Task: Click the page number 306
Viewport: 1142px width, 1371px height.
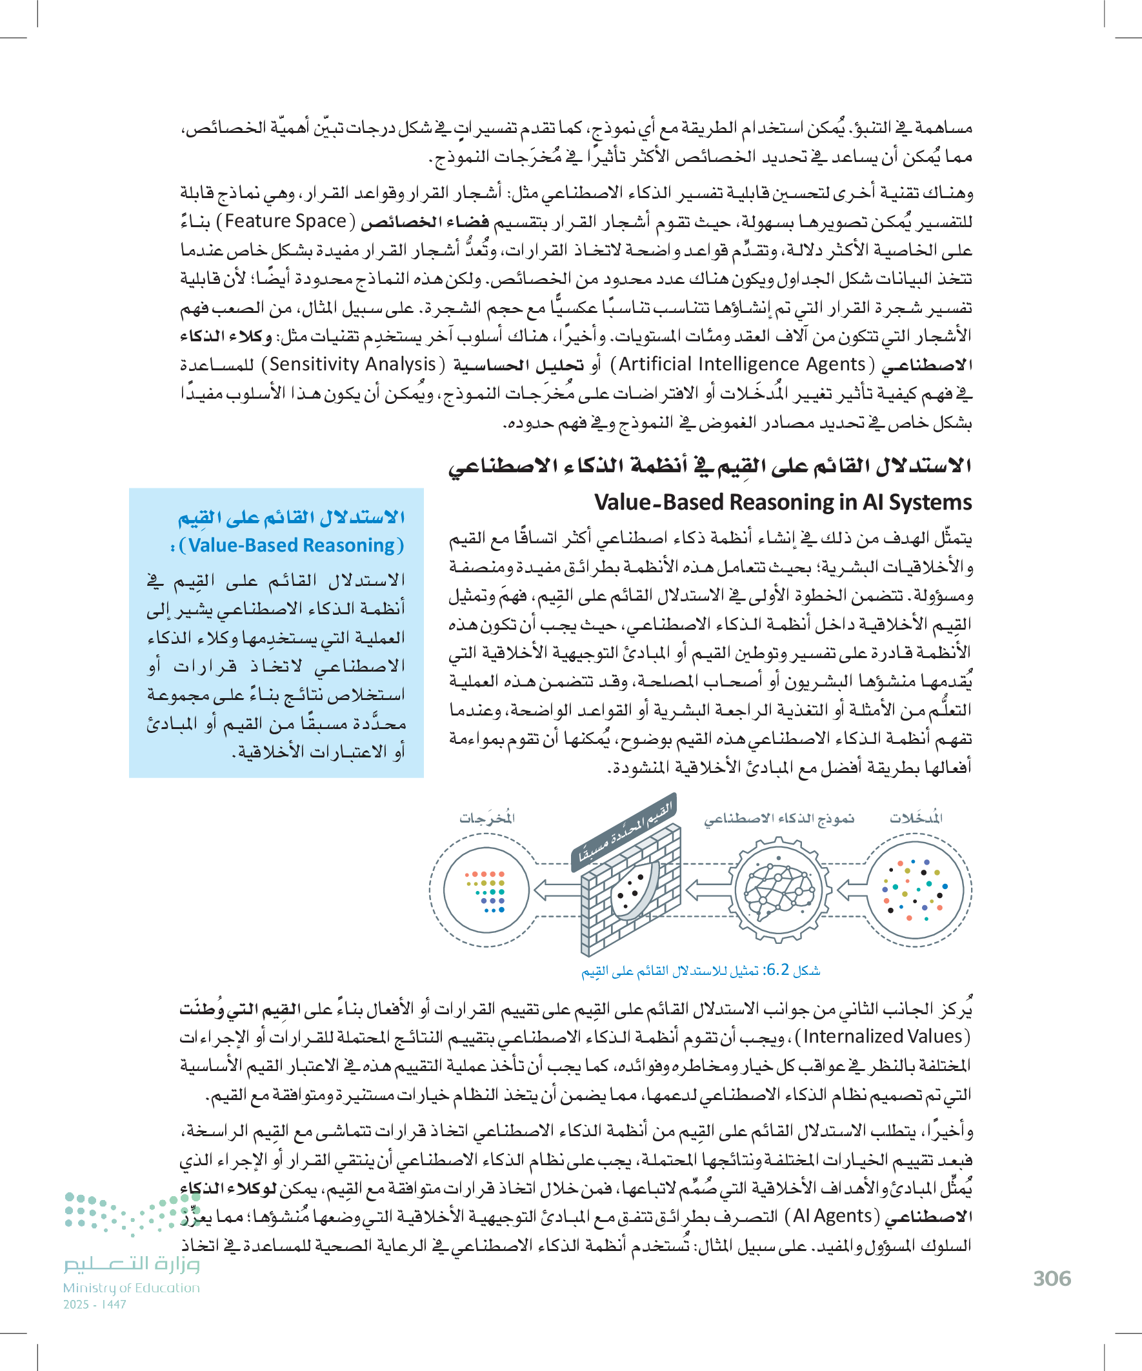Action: [1052, 1278]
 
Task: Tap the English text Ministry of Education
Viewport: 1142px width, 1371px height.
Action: [131, 1288]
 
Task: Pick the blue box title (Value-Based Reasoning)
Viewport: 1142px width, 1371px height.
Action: [291, 545]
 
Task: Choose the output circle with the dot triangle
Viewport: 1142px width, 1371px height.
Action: [485, 889]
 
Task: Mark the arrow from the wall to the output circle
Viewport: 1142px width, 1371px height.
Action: [557, 889]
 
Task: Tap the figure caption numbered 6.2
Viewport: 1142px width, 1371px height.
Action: [701, 971]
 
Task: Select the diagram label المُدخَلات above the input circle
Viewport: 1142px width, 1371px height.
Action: [916, 818]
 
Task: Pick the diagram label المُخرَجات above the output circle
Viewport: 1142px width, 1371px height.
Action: [487, 818]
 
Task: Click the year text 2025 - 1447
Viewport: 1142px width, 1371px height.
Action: [95, 1305]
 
